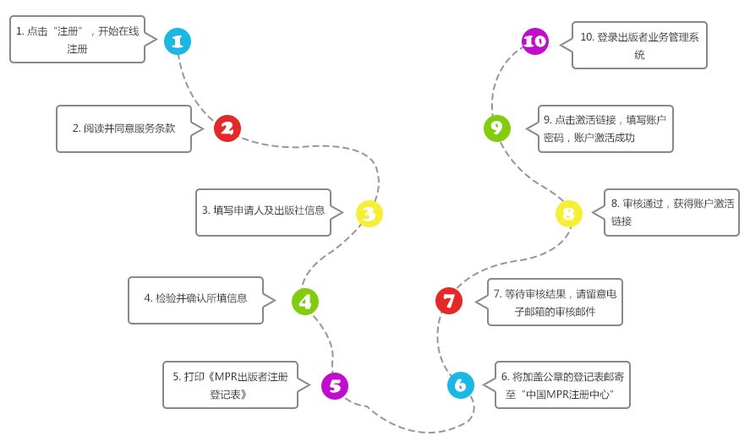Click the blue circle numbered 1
click(178, 41)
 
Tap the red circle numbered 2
click(227, 128)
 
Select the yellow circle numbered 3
click(369, 214)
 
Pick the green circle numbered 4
click(304, 300)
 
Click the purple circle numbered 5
click(335, 386)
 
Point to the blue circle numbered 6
click(460, 385)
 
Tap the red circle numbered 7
click(449, 300)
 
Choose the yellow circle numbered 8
click(568, 213)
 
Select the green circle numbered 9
click(496, 128)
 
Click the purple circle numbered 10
click(535, 41)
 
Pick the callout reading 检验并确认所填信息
click(196, 299)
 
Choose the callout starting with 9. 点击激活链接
click(605, 128)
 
